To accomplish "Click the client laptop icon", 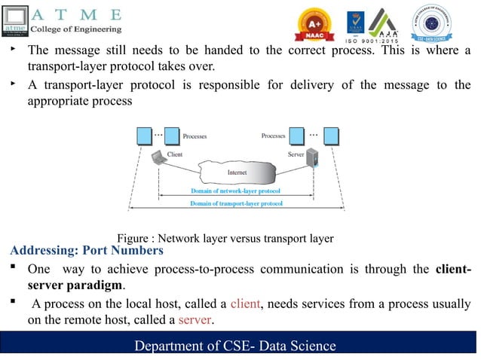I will pyautogui.click(x=158, y=157).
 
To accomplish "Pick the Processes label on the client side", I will pyautogui.click(x=195, y=136).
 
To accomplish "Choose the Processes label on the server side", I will pyautogui.click(x=273, y=136).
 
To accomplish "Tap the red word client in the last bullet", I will pyautogui.click(x=246, y=304).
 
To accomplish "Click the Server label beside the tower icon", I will pyautogui.click(x=296, y=154).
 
